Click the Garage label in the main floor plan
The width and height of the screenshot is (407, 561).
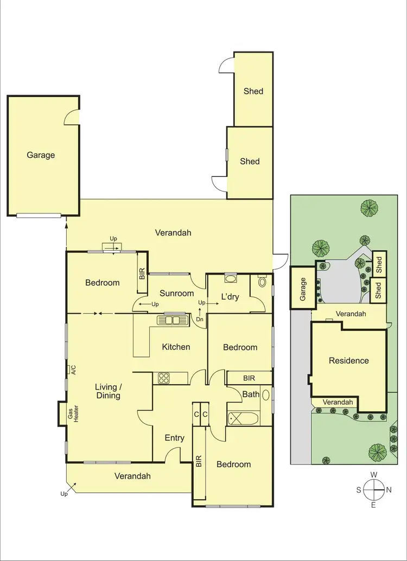[x=41, y=155]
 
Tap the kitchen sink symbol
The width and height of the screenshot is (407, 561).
[x=173, y=320]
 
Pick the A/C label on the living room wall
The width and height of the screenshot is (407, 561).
[x=72, y=370]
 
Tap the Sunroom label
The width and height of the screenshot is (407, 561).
[x=176, y=294]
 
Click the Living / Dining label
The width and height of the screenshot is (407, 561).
[x=107, y=391]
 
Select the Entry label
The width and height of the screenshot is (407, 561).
[x=174, y=438]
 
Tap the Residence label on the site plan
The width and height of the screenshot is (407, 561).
[x=348, y=361]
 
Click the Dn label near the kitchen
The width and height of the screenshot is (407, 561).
[x=199, y=320]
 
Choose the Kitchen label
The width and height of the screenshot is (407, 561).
[x=176, y=347]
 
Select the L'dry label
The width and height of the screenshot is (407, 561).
[x=230, y=297]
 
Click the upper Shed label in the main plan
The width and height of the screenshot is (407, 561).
[x=253, y=91]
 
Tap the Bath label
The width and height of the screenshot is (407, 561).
[x=251, y=394]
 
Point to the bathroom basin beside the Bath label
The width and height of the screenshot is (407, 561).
[x=266, y=394]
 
